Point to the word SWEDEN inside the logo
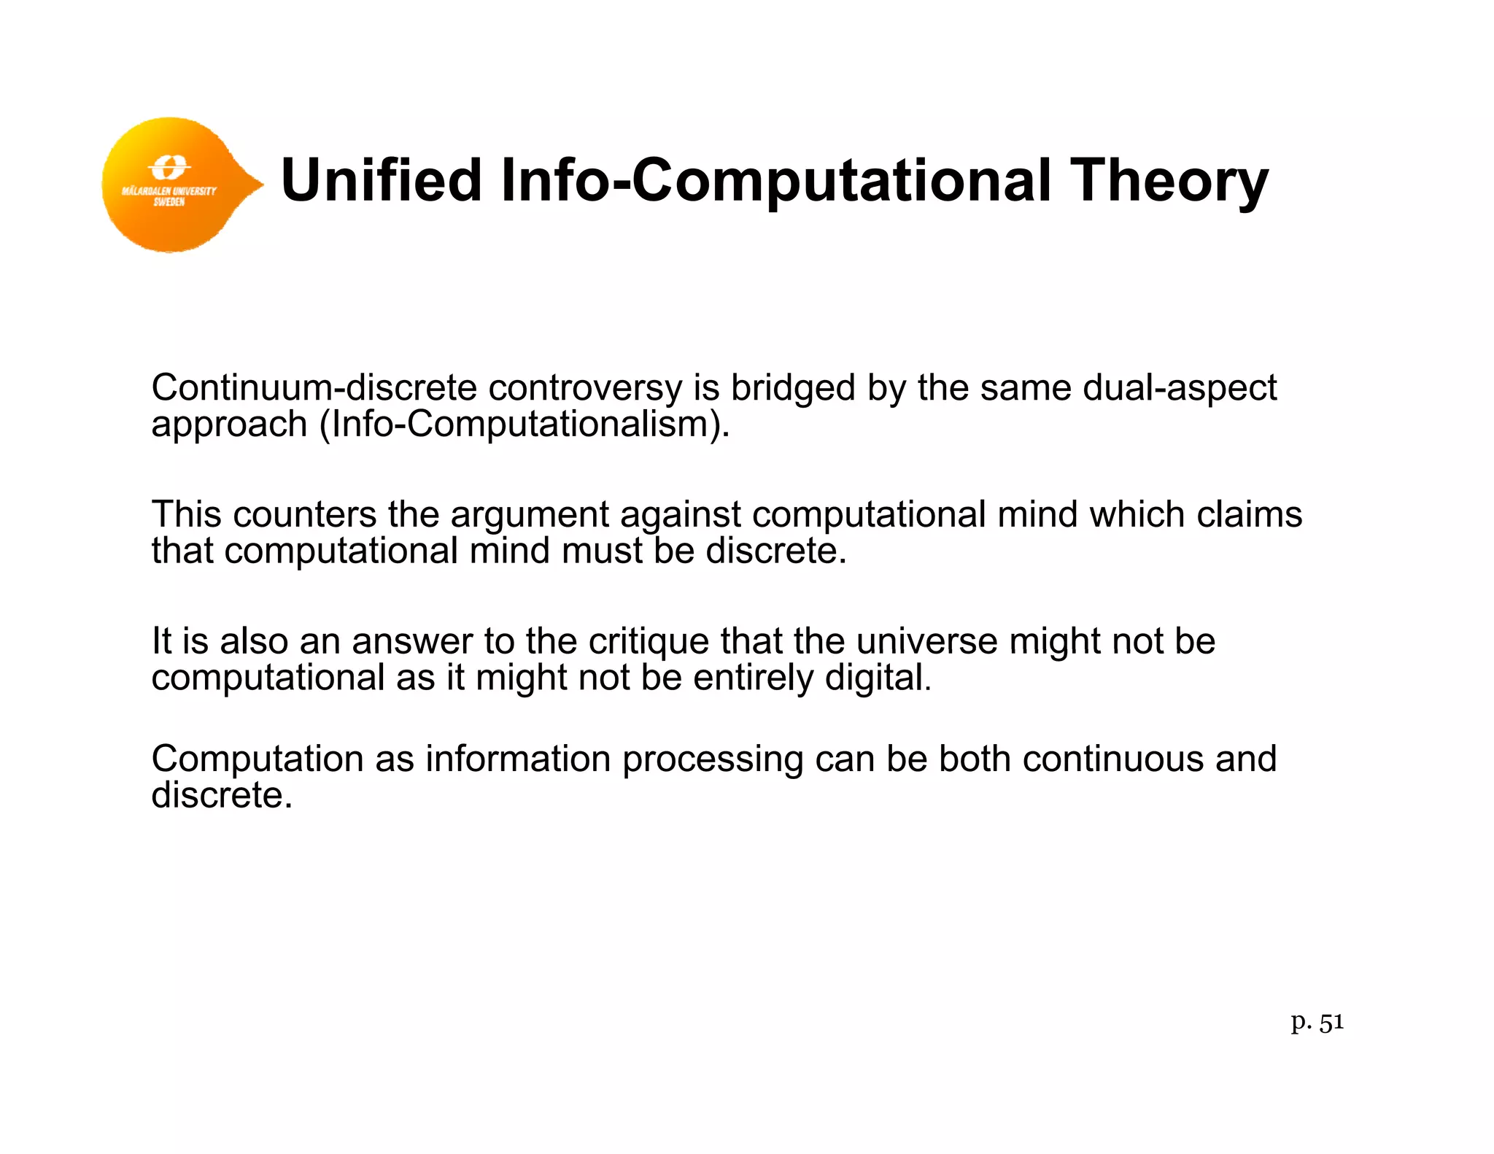[169, 202]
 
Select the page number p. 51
[1317, 1023]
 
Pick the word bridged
[793, 389]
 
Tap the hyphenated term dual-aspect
[1180, 389]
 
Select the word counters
[304, 514]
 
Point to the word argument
[529, 516]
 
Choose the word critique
[649, 642]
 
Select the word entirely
[753, 678]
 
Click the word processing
[712, 759]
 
